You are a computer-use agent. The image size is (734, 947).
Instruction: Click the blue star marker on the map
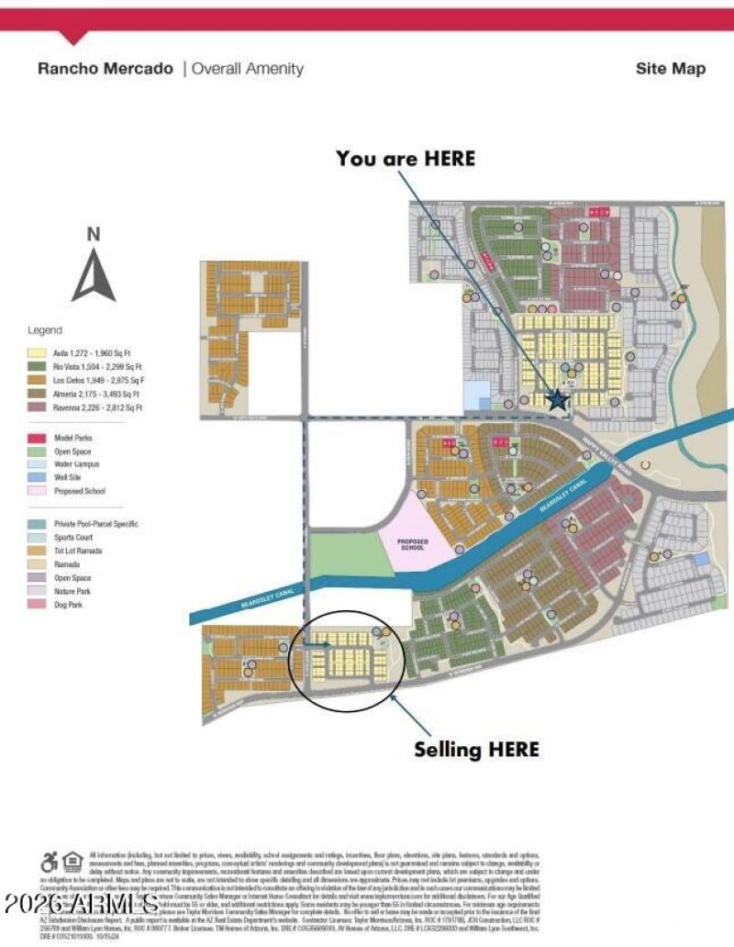coord(557,399)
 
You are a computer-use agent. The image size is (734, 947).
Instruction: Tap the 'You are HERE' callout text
coord(406,159)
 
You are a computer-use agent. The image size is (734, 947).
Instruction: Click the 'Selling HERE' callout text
coord(476,749)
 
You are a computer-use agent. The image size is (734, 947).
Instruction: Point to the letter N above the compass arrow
coord(94,234)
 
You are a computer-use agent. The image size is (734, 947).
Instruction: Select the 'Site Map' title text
coord(671,69)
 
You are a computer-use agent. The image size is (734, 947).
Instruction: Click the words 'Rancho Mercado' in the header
coord(106,69)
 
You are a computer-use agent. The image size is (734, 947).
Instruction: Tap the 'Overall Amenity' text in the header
coord(247,69)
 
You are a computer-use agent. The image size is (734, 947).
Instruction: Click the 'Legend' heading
coord(45,330)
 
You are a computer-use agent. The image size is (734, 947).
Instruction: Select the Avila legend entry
coord(92,351)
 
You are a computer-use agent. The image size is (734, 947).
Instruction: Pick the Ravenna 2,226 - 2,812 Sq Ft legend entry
coord(92,407)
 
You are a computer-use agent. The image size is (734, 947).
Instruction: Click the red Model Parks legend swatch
coord(37,439)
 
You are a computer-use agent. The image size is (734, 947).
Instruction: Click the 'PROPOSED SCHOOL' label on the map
coord(413,544)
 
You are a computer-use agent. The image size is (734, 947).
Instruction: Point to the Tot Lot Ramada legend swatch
coord(37,551)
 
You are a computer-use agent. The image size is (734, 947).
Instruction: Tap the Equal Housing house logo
coord(73,862)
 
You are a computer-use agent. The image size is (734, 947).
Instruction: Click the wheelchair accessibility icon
coord(49,862)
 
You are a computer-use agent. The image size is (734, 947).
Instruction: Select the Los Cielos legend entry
coord(92,379)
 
